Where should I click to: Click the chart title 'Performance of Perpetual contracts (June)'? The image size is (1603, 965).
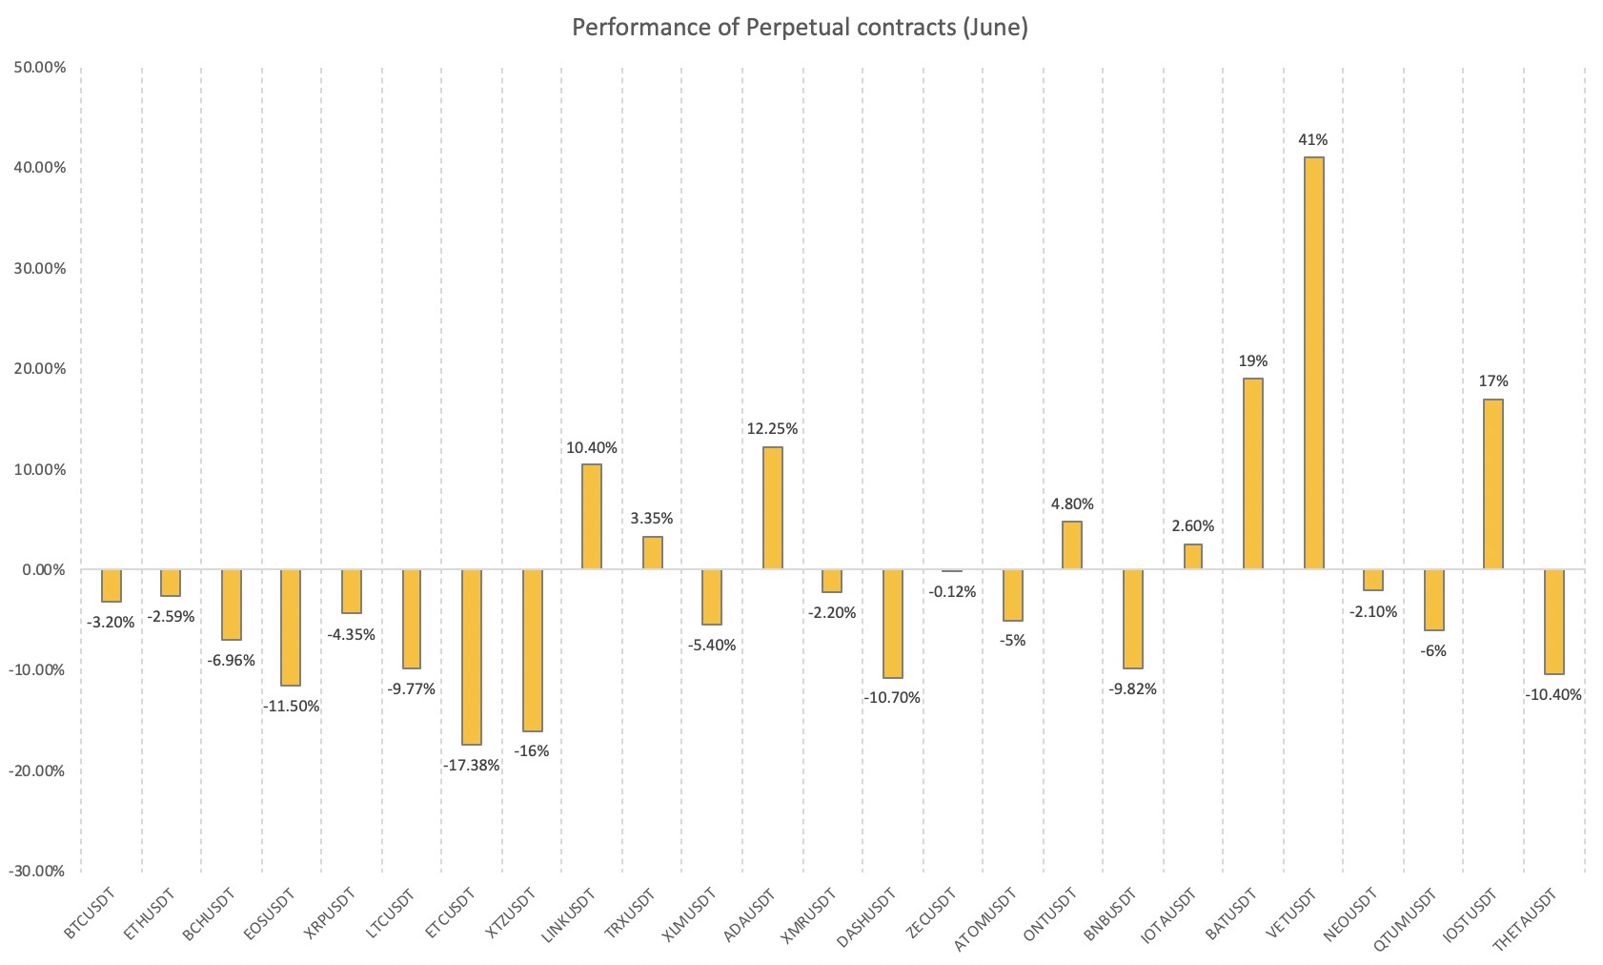coord(800,28)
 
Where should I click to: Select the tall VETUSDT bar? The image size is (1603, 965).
coord(1313,363)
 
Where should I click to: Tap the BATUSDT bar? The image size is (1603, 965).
coord(1253,474)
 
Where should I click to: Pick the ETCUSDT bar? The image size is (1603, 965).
coord(472,657)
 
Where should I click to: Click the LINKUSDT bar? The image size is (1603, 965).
coord(592,517)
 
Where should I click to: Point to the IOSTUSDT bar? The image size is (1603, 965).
coord(1493,484)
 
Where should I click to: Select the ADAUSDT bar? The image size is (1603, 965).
coord(772,508)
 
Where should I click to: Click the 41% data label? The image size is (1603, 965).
coord(1313,140)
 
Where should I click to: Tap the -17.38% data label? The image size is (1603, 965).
coord(471,765)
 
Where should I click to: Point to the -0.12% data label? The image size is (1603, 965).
coord(952,591)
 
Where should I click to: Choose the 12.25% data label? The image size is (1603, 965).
coord(772,429)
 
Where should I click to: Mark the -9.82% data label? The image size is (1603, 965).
coord(1132,688)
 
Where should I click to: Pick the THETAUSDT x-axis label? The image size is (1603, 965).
coord(1525,920)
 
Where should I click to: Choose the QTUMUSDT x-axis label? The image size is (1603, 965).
coord(1405,918)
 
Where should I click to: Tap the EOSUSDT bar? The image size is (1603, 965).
coord(291,627)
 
